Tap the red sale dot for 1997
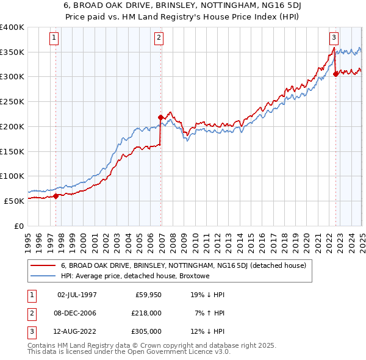click(56, 196)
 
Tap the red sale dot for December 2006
click(161, 117)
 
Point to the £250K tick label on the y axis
click(12, 101)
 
